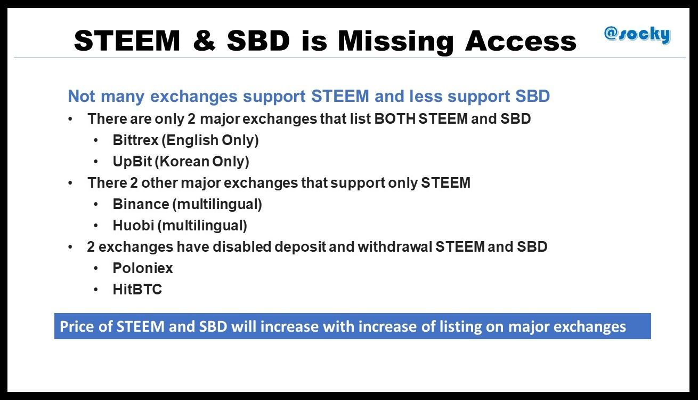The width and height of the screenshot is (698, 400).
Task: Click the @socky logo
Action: coord(637,35)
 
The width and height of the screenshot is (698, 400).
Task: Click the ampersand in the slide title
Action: coord(204,41)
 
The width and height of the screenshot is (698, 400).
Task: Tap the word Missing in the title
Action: coord(395,42)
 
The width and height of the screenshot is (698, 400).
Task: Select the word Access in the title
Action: coord(521,41)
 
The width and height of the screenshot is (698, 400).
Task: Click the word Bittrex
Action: coord(135,140)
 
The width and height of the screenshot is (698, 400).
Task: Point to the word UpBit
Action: coord(133,162)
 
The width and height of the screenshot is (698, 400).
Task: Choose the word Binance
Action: coord(141,204)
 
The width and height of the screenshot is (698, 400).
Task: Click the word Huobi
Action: coord(133,225)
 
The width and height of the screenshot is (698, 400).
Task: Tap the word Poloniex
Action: coord(143,268)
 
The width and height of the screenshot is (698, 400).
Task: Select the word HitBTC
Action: coord(137,289)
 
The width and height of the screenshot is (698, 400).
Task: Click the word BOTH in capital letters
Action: coord(395,118)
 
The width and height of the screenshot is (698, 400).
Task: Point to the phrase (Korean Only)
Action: coord(202,162)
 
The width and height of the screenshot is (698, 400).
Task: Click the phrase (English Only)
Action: coord(210,140)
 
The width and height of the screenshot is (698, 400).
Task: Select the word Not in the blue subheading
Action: coord(82,96)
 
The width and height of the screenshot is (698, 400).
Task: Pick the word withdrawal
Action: coord(395,246)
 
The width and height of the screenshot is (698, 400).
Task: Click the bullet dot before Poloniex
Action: coord(96,268)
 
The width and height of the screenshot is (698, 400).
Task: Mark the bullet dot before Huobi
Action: coord(96,225)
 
